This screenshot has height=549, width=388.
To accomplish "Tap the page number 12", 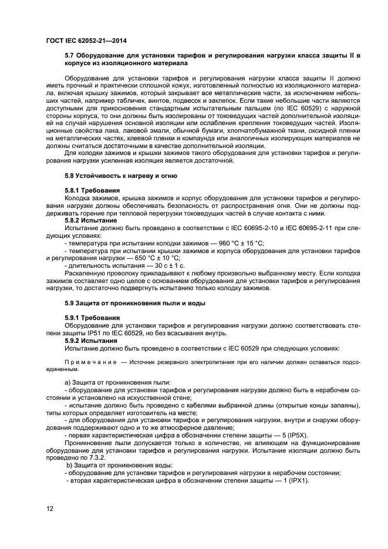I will [x=50, y=508].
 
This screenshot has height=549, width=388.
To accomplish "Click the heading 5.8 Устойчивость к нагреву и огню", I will [x=121, y=176].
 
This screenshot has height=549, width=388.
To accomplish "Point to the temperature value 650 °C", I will [x=158, y=257].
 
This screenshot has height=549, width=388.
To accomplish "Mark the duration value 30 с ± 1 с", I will [x=165, y=265].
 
